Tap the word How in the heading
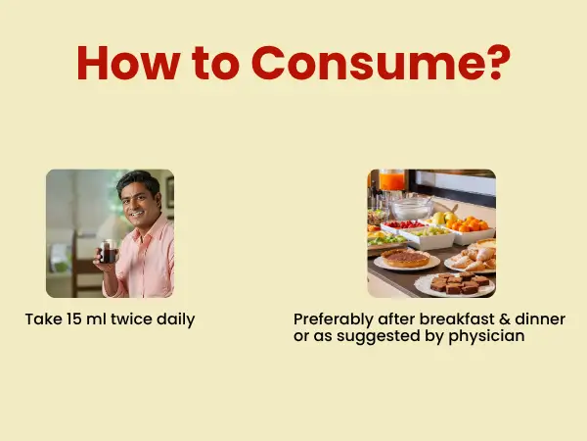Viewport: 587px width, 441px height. coord(128,63)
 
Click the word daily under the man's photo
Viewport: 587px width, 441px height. coord(175,319)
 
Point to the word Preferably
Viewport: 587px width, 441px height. coord(334,319)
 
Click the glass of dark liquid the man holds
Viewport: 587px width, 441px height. coord(108,251)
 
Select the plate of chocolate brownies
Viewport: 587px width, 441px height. coord(455,284)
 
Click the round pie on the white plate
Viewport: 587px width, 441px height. coord(406,258)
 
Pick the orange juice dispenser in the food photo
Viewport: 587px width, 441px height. coord(391,180)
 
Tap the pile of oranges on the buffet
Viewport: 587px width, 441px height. coord(468,223)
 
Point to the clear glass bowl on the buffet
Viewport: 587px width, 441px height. coord(411,209)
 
